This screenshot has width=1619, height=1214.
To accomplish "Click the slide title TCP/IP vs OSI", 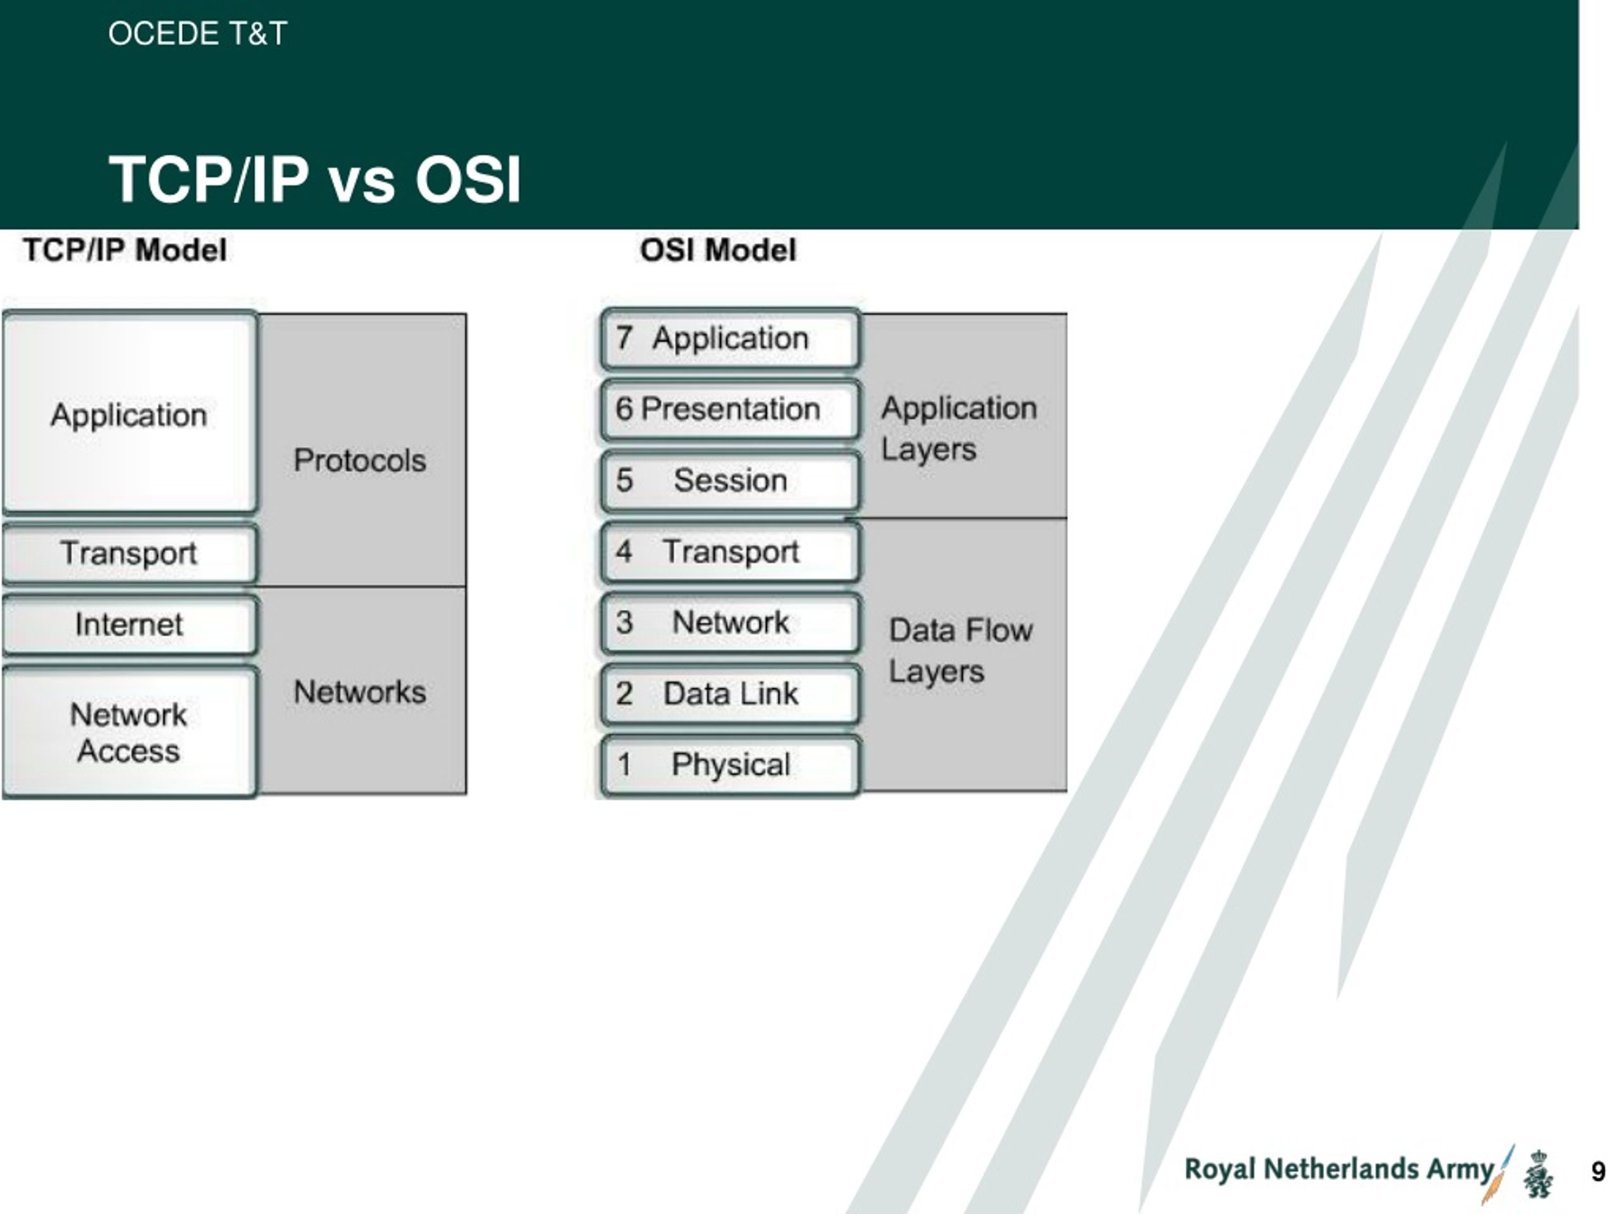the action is point(315,180).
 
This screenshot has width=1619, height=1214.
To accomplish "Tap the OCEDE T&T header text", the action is point(197,34).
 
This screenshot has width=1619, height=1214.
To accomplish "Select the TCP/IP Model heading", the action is point(125,250).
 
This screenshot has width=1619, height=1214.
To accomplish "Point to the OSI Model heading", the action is point(718,250).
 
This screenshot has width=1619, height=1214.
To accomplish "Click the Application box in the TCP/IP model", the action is point(130,414).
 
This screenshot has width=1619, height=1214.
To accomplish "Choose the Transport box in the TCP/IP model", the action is point(130,553).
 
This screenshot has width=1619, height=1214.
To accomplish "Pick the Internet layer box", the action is point(130,624).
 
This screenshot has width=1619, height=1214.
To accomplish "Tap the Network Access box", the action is point(130,732).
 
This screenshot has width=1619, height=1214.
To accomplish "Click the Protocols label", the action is point(359,460).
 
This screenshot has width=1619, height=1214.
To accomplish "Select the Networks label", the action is point(359,692).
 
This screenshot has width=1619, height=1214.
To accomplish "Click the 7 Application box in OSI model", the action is point(730,339).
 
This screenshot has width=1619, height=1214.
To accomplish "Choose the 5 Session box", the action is point(730,481).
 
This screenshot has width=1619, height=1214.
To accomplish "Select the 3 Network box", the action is point(730,623).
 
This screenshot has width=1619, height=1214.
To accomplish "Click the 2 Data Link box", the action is point(730,694).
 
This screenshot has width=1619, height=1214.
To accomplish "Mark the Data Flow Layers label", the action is point(960,651).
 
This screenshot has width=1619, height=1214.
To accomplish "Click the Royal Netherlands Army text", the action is point(1339,1169).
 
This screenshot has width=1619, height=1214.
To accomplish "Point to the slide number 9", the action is point(1597,1172).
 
